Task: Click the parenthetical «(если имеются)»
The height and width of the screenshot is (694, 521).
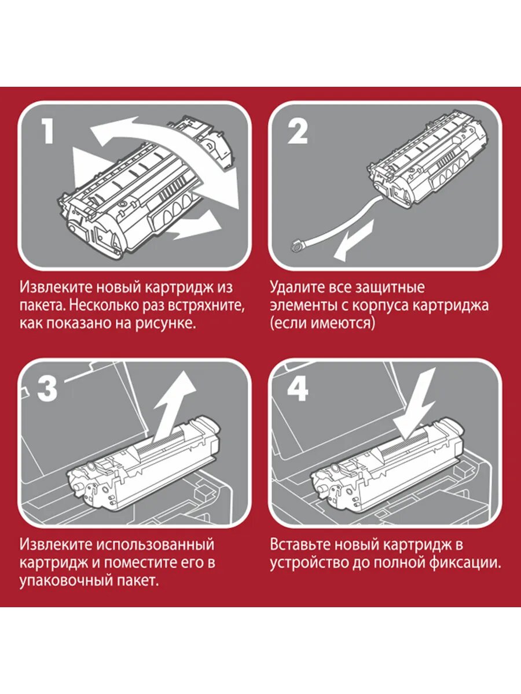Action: click(x=322, y=323)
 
